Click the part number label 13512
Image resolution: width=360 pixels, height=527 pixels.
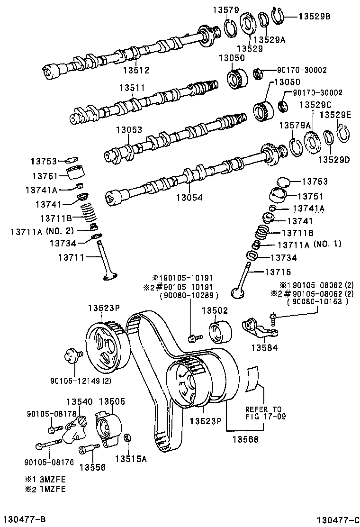tap(136, 70)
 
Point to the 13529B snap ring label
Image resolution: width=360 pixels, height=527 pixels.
tap(314, 16)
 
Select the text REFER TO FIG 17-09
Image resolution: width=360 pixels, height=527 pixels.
tap(263, 413)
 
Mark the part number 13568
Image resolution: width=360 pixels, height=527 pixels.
tap(245, 439)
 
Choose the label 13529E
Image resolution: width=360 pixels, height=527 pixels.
tap(334, 115)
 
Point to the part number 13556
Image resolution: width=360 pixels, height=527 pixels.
tap(92, 467)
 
